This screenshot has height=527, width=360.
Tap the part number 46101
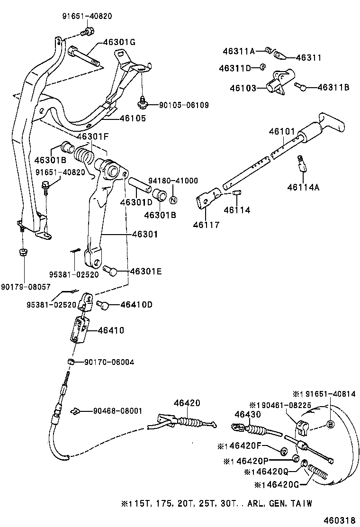(282, 131)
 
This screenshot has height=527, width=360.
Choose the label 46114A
(303, 187)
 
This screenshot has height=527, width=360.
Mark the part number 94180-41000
(173, 181)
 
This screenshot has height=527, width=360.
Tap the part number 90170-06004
(109, 362)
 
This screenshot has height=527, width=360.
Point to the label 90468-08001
(117, 411)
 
